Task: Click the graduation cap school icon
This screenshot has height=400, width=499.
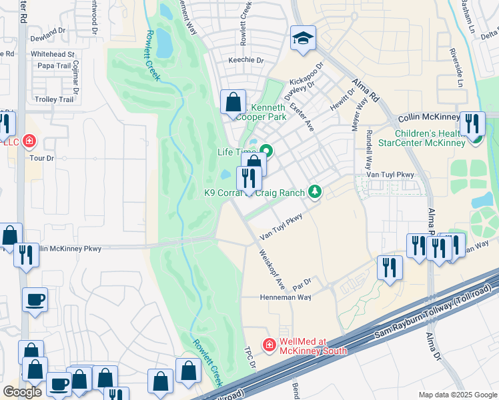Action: coord(303,40)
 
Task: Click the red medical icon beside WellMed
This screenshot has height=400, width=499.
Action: coord(269,345)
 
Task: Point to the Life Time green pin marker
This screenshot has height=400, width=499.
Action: coord(266,151)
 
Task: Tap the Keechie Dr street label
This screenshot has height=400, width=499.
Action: coord(246,60)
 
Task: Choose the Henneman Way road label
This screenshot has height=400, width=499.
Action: coord(285,297)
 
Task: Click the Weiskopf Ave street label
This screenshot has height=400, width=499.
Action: coord(272,269)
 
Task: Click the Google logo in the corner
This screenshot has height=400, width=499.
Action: coord(22,392)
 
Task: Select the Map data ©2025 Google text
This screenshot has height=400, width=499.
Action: coord(457,395)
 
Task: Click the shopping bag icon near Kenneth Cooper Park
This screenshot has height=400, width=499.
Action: coord(233,103)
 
